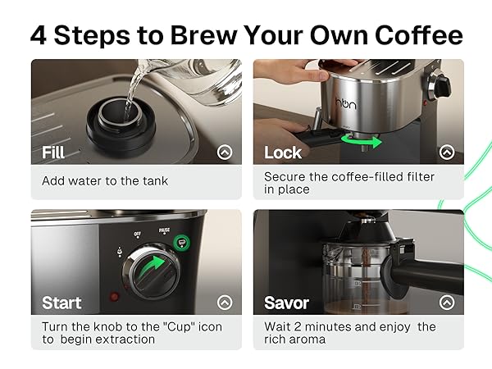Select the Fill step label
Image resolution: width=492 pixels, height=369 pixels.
click(53, 153)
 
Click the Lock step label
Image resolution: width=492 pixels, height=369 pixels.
click(283, 153)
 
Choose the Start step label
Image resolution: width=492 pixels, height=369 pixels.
click(61, 303)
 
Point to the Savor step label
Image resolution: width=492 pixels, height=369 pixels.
click(287, 303)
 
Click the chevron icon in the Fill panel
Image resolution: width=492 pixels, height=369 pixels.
click(225, 152)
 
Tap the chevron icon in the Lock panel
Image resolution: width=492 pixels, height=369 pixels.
click(447, 152)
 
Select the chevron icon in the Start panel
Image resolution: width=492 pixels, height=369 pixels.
click(225, 302)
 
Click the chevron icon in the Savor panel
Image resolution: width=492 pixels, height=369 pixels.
click(447, 302)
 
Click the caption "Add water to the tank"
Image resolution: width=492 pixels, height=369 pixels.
click(105, 180)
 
